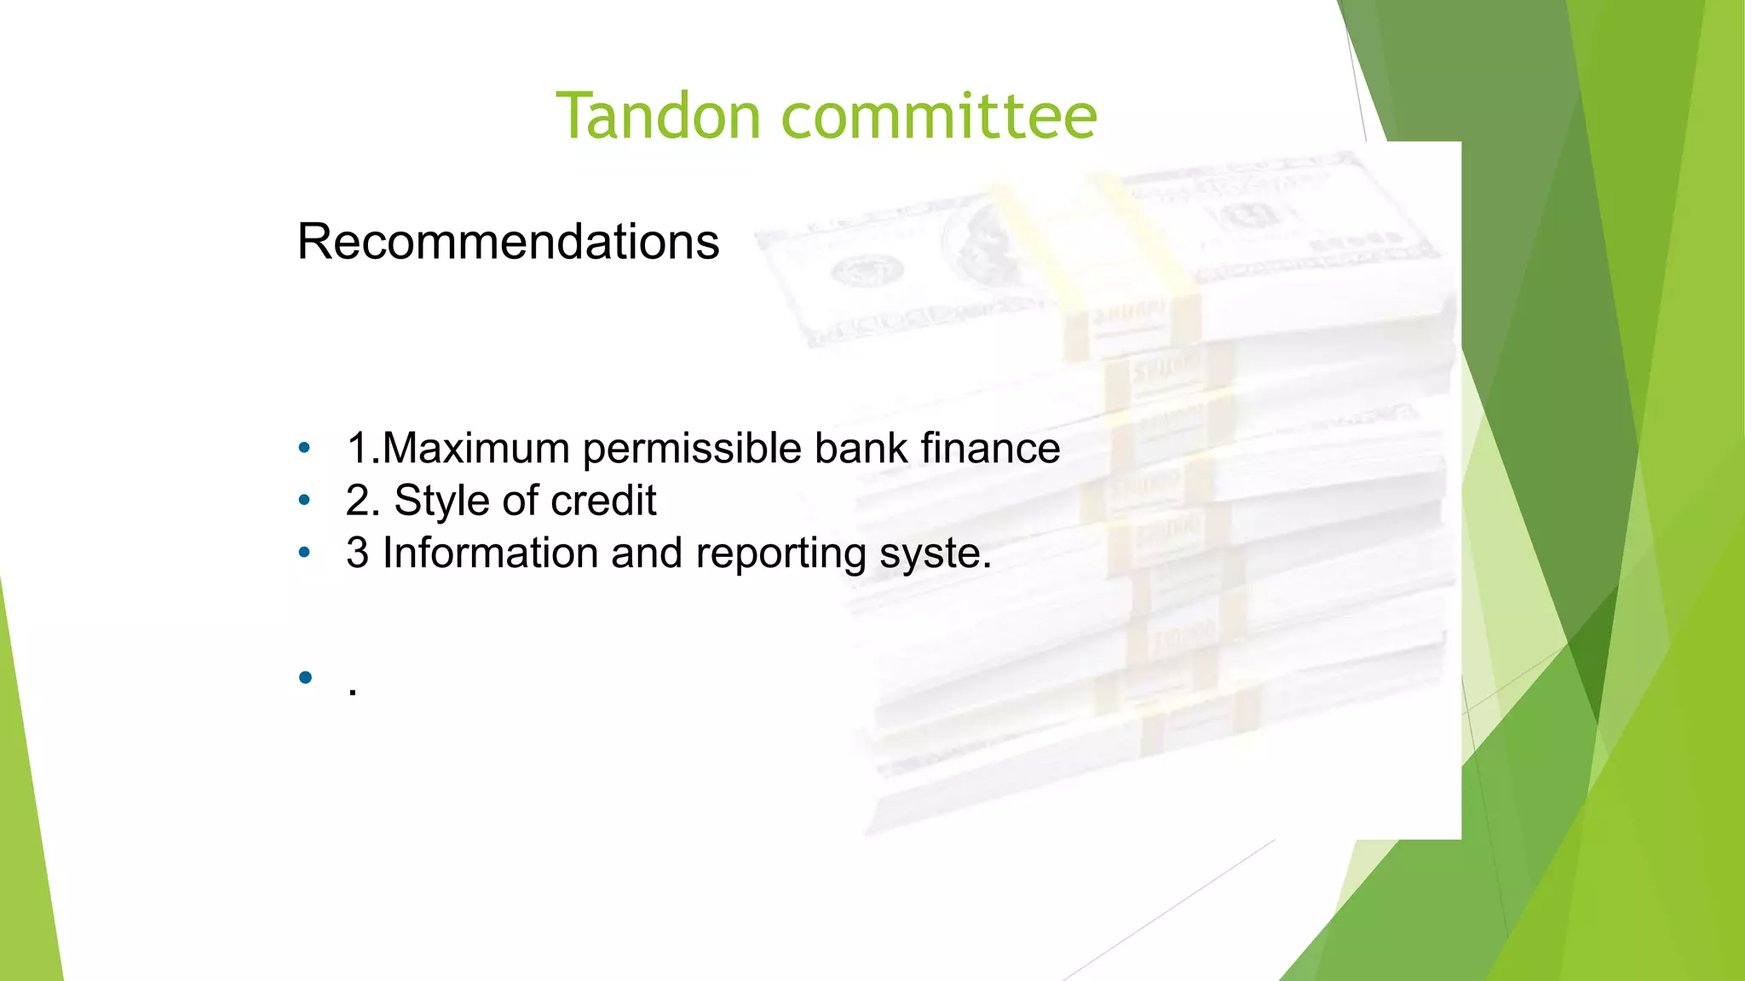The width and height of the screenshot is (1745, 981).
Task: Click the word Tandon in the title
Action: click(658, 116)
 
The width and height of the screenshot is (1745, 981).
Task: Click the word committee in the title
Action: click(939, 116)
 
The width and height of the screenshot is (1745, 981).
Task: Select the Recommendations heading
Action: click(508, 242)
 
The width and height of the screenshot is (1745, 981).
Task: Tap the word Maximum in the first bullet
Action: click(475, 448)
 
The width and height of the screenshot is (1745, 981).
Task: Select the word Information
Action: click(490, 553)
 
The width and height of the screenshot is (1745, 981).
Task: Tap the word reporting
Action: click(780, 554)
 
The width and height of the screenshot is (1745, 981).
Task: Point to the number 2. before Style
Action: click(362, 501)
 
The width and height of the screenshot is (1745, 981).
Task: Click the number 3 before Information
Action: click(357, 553)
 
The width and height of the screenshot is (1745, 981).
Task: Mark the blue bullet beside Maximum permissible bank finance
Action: click(304, 448)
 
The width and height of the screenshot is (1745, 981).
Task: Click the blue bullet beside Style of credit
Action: click(304, 501)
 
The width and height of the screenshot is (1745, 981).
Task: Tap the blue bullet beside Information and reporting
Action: click(304, 553)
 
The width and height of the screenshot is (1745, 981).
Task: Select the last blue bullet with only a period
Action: click(305, 678)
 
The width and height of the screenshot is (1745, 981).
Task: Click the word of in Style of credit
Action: click(517, 501)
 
